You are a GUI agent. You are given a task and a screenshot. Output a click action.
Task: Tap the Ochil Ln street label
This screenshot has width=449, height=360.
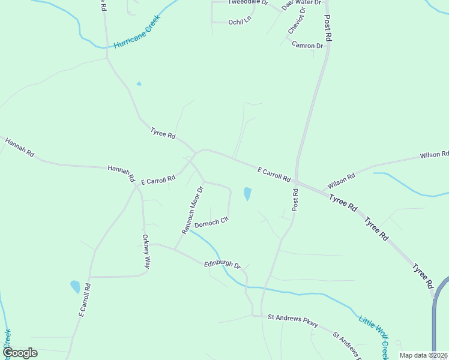point(239,21)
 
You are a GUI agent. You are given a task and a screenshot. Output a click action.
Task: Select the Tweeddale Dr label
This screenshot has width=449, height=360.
point(247,2)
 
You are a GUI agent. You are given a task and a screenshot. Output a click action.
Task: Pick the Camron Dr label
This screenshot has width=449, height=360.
point(307,45)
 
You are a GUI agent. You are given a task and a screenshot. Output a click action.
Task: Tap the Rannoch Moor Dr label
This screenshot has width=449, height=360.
point(193,209)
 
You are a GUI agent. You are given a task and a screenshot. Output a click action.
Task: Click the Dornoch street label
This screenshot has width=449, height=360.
point(212,221)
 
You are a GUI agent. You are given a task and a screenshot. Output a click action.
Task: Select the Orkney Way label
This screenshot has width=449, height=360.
point(146,250)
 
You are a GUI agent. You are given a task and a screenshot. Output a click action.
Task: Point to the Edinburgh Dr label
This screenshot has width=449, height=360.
point(222,264)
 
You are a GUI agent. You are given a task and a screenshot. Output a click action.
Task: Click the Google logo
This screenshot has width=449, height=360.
point(20,353)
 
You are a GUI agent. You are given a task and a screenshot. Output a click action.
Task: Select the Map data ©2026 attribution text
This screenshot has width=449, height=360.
point(424,355)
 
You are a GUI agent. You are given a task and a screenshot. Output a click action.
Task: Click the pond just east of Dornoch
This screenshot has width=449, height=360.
point(247,194)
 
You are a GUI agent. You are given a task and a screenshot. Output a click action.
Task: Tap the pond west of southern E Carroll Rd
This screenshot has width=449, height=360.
point(75,286)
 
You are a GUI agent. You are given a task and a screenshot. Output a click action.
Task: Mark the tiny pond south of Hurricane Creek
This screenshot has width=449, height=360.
point(139,83)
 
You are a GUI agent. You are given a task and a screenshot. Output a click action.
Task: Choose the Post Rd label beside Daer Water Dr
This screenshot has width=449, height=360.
point(328,28)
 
